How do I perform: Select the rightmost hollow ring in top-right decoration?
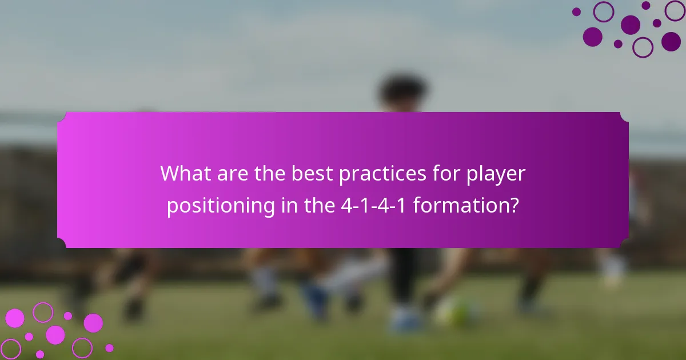click(x=675, y=10)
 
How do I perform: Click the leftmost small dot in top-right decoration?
click(x=576, y=11)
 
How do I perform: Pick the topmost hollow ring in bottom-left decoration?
click(x=42, y=312)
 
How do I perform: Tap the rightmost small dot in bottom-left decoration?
click(x=109, y=348)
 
